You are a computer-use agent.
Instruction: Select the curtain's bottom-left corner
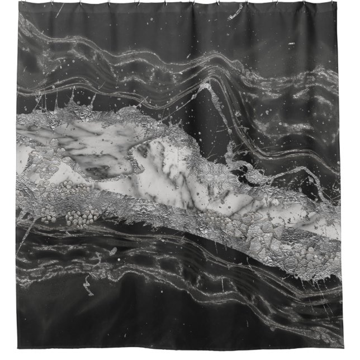click(17, 348)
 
